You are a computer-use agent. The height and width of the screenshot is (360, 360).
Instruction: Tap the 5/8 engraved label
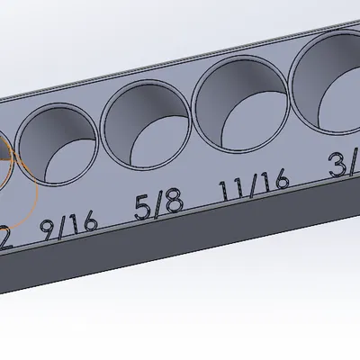[x=158, y=206]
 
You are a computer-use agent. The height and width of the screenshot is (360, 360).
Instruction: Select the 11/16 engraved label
[x=253, y=188]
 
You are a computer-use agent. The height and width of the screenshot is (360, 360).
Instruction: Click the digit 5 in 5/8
[x=142, y=209]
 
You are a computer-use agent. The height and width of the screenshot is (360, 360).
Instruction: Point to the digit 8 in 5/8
[x=175, y=202]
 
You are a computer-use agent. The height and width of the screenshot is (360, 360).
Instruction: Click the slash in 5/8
[x=158, y=206]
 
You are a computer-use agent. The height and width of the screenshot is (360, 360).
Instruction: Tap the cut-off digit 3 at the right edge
[x=339, y=166]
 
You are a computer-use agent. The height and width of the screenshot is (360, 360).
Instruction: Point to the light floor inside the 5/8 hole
[x=158, y=140]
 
